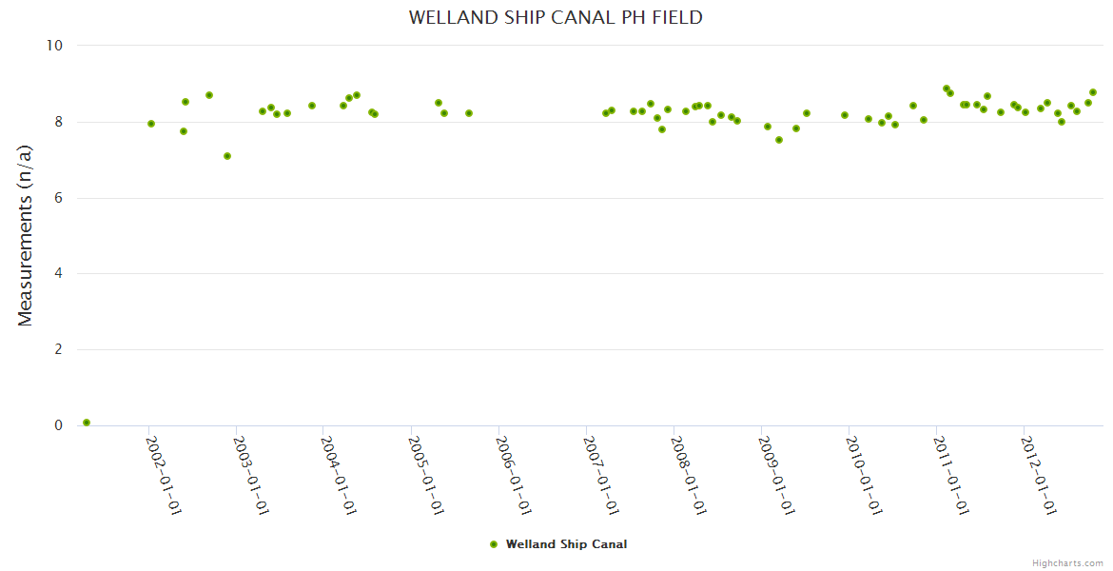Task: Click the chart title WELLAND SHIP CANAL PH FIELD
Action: (556, 17)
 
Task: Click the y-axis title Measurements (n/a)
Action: (26, 235)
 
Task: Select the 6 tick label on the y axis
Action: (57, 198)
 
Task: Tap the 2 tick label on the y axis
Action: (57, 349)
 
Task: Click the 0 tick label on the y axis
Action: (57, 425)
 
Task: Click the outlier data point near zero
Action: (87, 423)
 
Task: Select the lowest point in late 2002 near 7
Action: (227, 156)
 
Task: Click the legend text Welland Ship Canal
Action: (566, 544)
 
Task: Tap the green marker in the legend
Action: (493, 544)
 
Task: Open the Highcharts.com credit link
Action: (1067, 563)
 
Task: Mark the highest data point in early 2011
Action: (947, 89)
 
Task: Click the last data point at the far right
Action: (1093, 92)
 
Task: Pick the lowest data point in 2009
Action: (779, 140)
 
